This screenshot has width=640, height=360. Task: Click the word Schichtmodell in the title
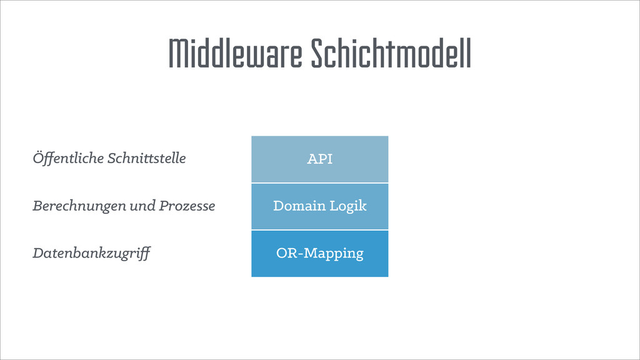pyautogui.click(x=391, y=54)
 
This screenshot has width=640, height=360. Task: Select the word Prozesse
pyautogui.click(x=187, y=206)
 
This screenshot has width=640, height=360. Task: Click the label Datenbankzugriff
pyautogui.click(x=91, y=254)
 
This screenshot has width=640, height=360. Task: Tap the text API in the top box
pyautogui.click(x=319, y=159)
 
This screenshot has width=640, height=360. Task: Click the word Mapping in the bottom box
pyautogui.click(x=336, y=254)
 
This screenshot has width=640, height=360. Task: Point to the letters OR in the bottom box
pyautogui.click(x=285, y=253)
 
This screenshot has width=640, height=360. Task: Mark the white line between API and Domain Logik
pyautogui.click(x=319, y=182)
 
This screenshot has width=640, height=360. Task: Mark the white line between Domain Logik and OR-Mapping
pyautogui.click(x=319, y=230)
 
